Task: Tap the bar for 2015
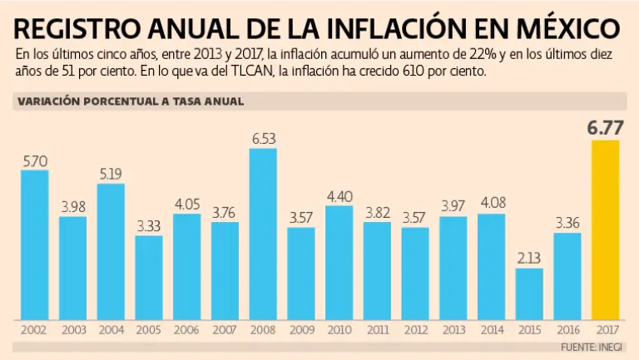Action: click(529, 294)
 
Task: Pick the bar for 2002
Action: click(34, 245)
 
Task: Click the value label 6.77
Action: click(605, 127)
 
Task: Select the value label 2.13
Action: click(529, 258)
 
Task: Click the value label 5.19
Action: click(111, 174)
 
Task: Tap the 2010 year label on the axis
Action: click(339, 330)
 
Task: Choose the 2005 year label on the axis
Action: click(149, 330)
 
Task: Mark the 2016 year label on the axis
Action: click(567, 330)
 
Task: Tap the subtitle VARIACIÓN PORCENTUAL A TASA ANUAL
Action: click(129, 101)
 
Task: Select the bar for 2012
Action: click(415, 274)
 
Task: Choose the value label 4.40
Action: click(339, 195)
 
